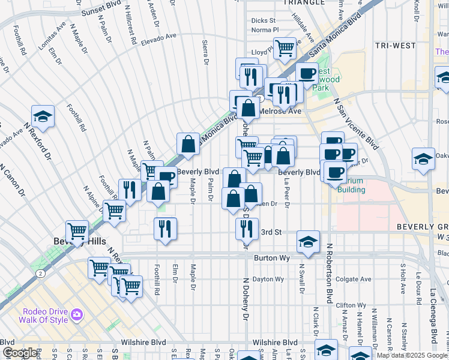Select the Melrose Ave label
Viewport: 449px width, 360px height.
[279, 111]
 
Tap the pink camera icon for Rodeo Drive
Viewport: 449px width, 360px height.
[76, 314]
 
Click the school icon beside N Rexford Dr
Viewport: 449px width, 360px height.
[43, 116]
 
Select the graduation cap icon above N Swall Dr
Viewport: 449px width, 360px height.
[307, 241]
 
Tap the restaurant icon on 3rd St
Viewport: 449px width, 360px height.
[247, 228]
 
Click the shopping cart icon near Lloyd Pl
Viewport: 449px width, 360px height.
[285, 47]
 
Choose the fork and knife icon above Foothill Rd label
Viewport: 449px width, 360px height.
[164, 228]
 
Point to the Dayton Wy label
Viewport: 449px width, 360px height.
[267, 279]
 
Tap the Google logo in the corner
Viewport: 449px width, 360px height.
[20, 353]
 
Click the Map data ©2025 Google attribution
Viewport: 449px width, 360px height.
[412, 355]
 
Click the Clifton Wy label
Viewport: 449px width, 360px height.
[351, 305]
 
